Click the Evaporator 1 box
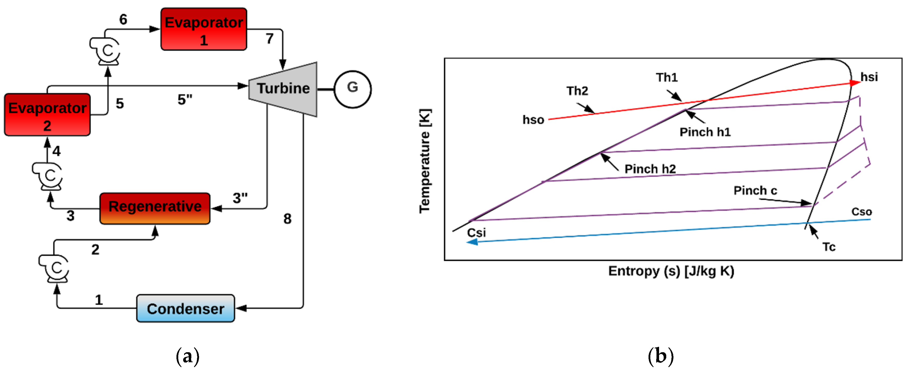tap(203, 29)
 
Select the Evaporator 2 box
tap(47, 115)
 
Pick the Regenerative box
tap(155, 208)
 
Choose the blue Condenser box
tap(185, 308)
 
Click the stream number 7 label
tap(269, 39)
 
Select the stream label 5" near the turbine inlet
tap(185, 100)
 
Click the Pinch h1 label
tap(705, 132)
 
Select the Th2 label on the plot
tap(577, 91)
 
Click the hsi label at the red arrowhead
tap(869, 77)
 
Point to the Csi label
tap(476, 233)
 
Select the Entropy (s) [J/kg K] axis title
tap(671, 271)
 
